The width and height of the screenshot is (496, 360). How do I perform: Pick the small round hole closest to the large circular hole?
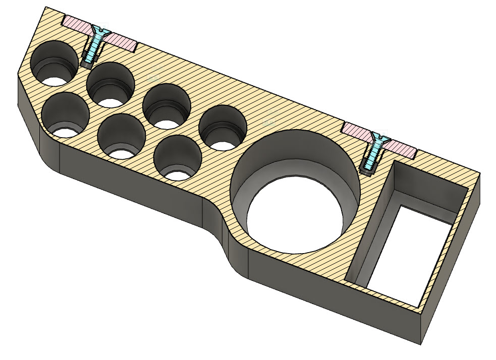pos(222,129)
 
